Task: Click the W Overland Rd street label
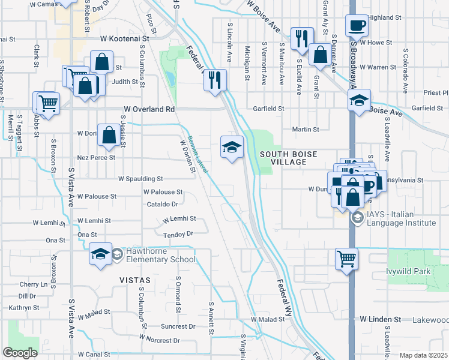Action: tap(149, 110)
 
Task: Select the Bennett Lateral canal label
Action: tap(197, 154)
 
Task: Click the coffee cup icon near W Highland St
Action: tap(358, 26)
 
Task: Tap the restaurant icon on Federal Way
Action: tap(215, 79)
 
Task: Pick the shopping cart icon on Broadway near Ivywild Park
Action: tap(346, 259)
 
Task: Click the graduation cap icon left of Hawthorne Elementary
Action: tap(100, 254)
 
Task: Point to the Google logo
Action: tap(20, 352)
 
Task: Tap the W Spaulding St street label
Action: tap(140, 179)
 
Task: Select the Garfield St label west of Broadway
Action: tap(268, 109)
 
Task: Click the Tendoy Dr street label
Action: tap(178, 234)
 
